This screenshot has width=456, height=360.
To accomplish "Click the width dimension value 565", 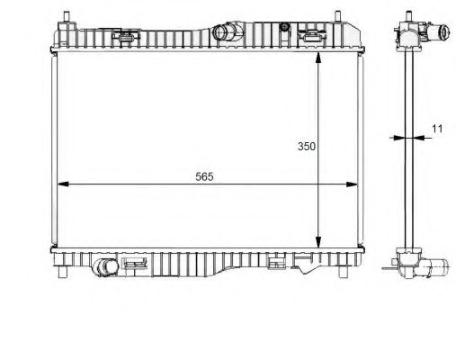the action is [x=204, y=176].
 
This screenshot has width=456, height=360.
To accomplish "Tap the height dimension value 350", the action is [x=307, y=146].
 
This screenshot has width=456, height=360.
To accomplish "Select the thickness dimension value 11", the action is [x=437, y=129].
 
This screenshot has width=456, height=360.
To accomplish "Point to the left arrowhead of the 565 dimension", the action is [x=63, y=184].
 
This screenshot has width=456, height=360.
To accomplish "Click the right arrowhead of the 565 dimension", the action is [x=352, y=184].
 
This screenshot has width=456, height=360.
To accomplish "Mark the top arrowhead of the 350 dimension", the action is [x=318, y=58].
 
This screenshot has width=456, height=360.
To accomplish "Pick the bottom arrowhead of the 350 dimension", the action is [x=318, y=242].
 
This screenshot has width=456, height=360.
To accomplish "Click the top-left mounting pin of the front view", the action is [x=67, y=16].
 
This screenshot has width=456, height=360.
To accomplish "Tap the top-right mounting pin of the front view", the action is [x=338, y=16].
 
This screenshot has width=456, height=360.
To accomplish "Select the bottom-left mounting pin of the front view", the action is [x=62, y=272].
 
